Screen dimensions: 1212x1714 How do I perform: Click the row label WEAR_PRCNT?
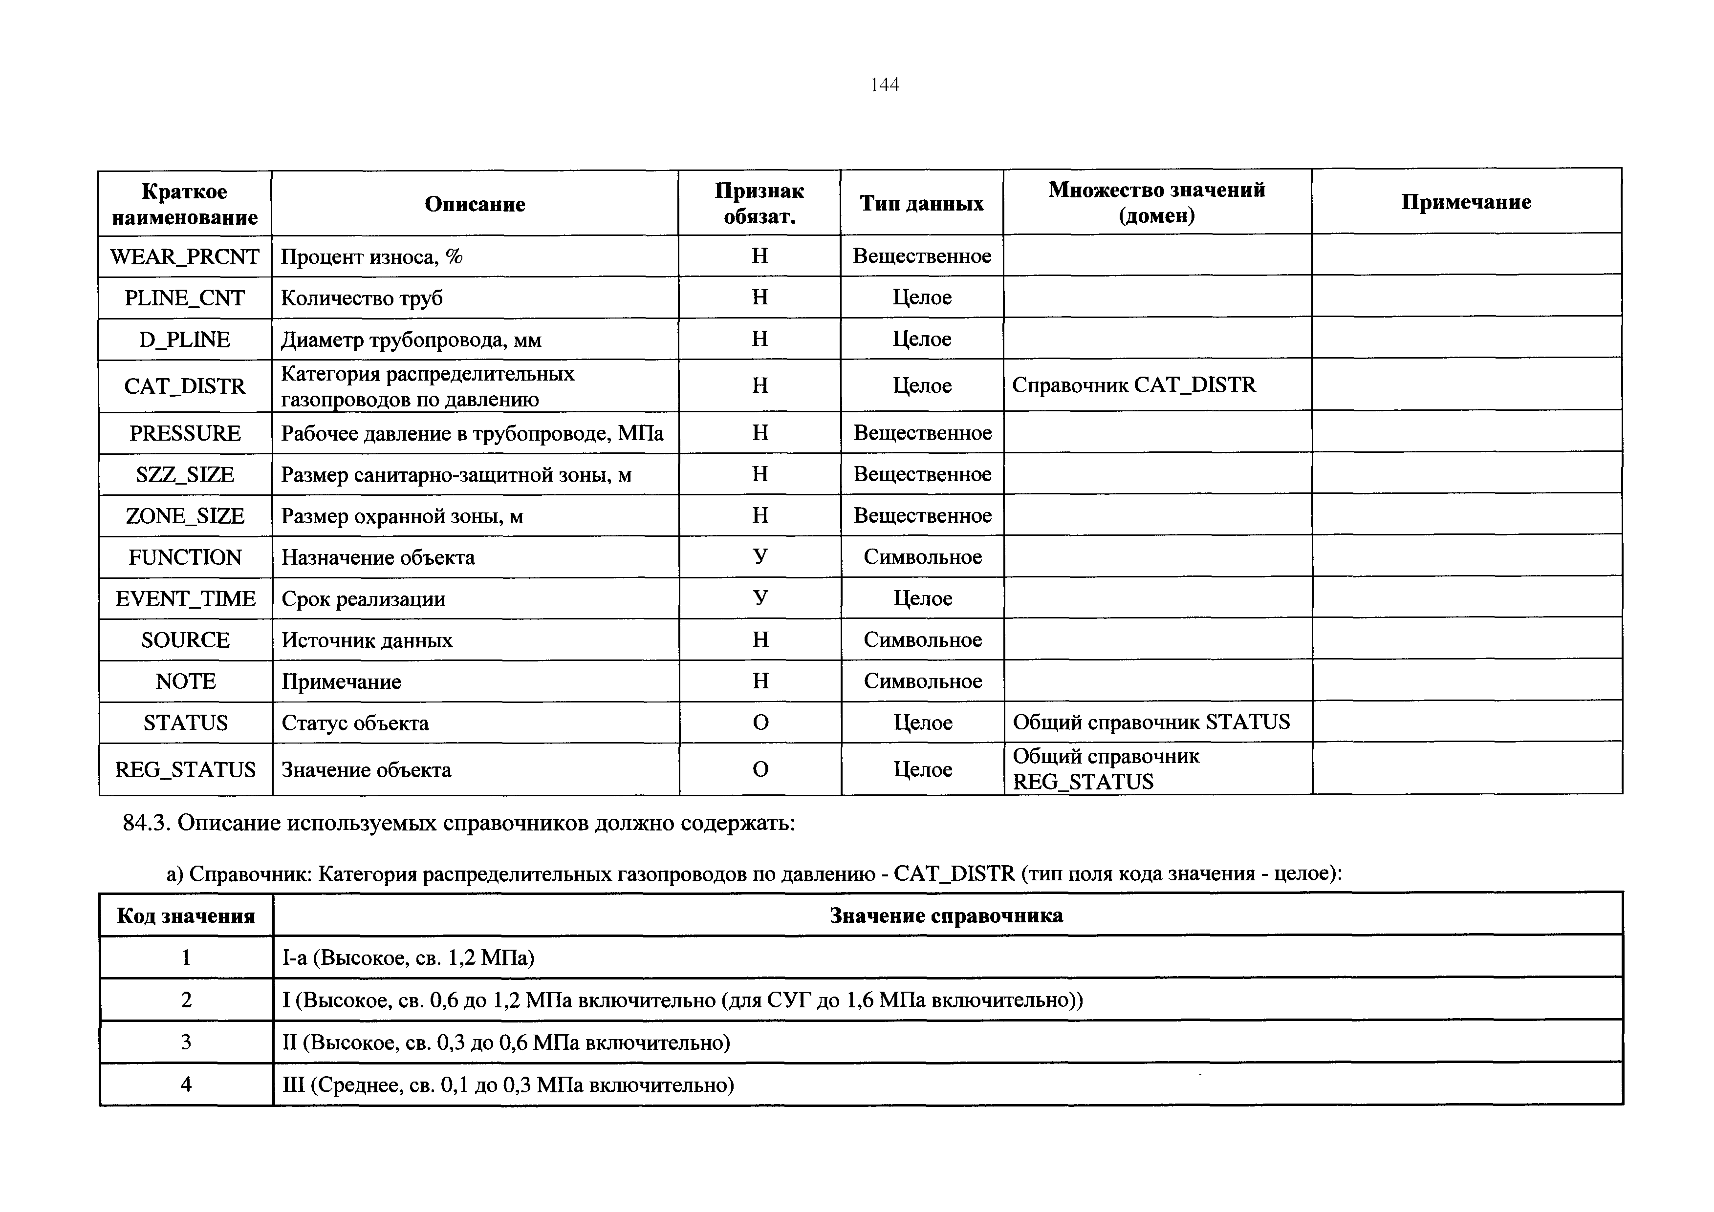184,257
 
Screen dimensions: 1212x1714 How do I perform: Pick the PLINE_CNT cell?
184,298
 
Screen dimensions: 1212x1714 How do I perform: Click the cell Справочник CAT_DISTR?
1133,385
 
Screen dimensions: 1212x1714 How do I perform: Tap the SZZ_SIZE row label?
185,475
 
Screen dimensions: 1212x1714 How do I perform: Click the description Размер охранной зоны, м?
402,516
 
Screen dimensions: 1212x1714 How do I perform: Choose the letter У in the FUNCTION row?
760,557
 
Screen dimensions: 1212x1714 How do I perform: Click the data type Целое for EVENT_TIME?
923,598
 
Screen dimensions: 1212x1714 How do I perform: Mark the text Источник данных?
367,640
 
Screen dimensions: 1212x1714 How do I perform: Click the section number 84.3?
147,823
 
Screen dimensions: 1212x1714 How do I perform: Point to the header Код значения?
186,915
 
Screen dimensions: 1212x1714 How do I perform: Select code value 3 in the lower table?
186,1042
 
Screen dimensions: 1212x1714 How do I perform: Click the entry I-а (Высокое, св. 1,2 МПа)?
409,957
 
